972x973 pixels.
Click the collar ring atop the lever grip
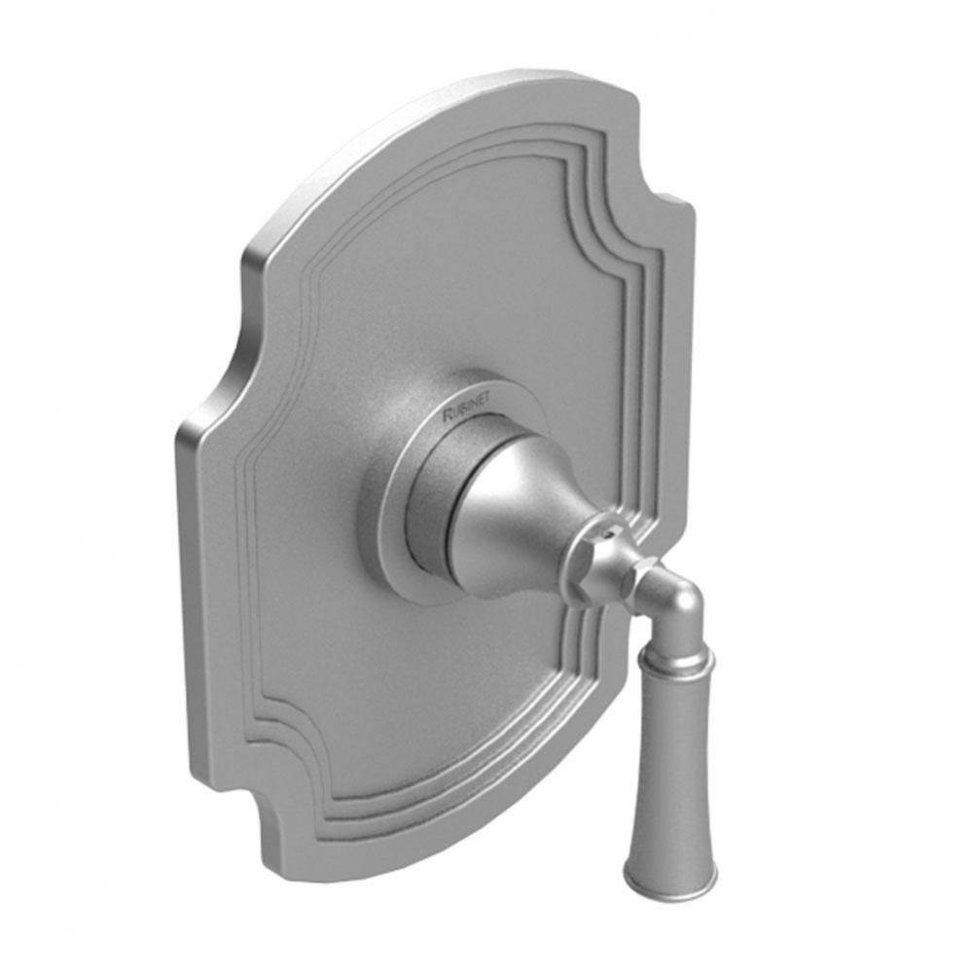[x=675, y=662]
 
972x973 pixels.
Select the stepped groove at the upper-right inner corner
[x=623, y=234]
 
